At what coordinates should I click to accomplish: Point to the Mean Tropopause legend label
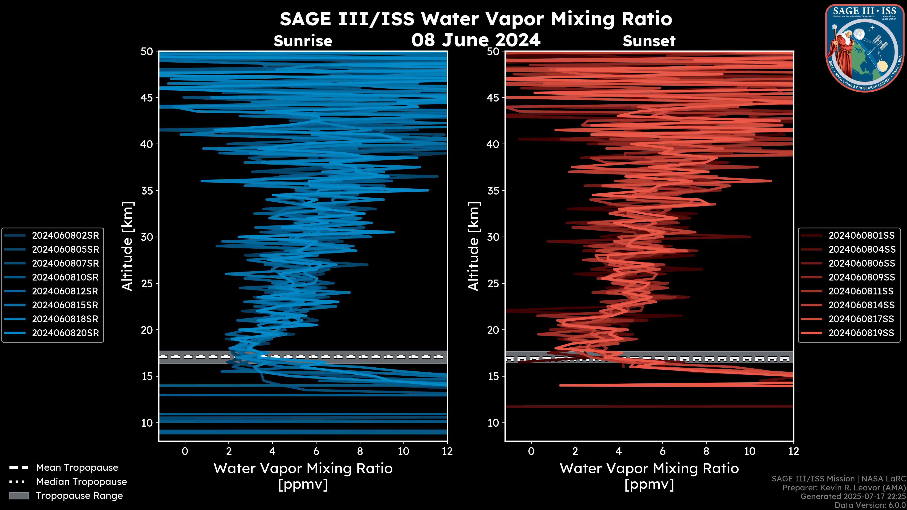tap(77, 468)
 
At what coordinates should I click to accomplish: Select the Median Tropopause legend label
tap(81, 482)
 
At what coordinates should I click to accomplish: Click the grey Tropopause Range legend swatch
tap(19, 496)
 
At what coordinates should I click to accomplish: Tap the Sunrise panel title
tap(303, 41)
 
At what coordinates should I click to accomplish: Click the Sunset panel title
tap(649, 41)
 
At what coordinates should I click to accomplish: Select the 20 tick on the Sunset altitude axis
tap(493, 330)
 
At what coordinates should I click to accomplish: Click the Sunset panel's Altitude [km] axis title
tap(474, 246)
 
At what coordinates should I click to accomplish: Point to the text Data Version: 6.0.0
tap(870, 505)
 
